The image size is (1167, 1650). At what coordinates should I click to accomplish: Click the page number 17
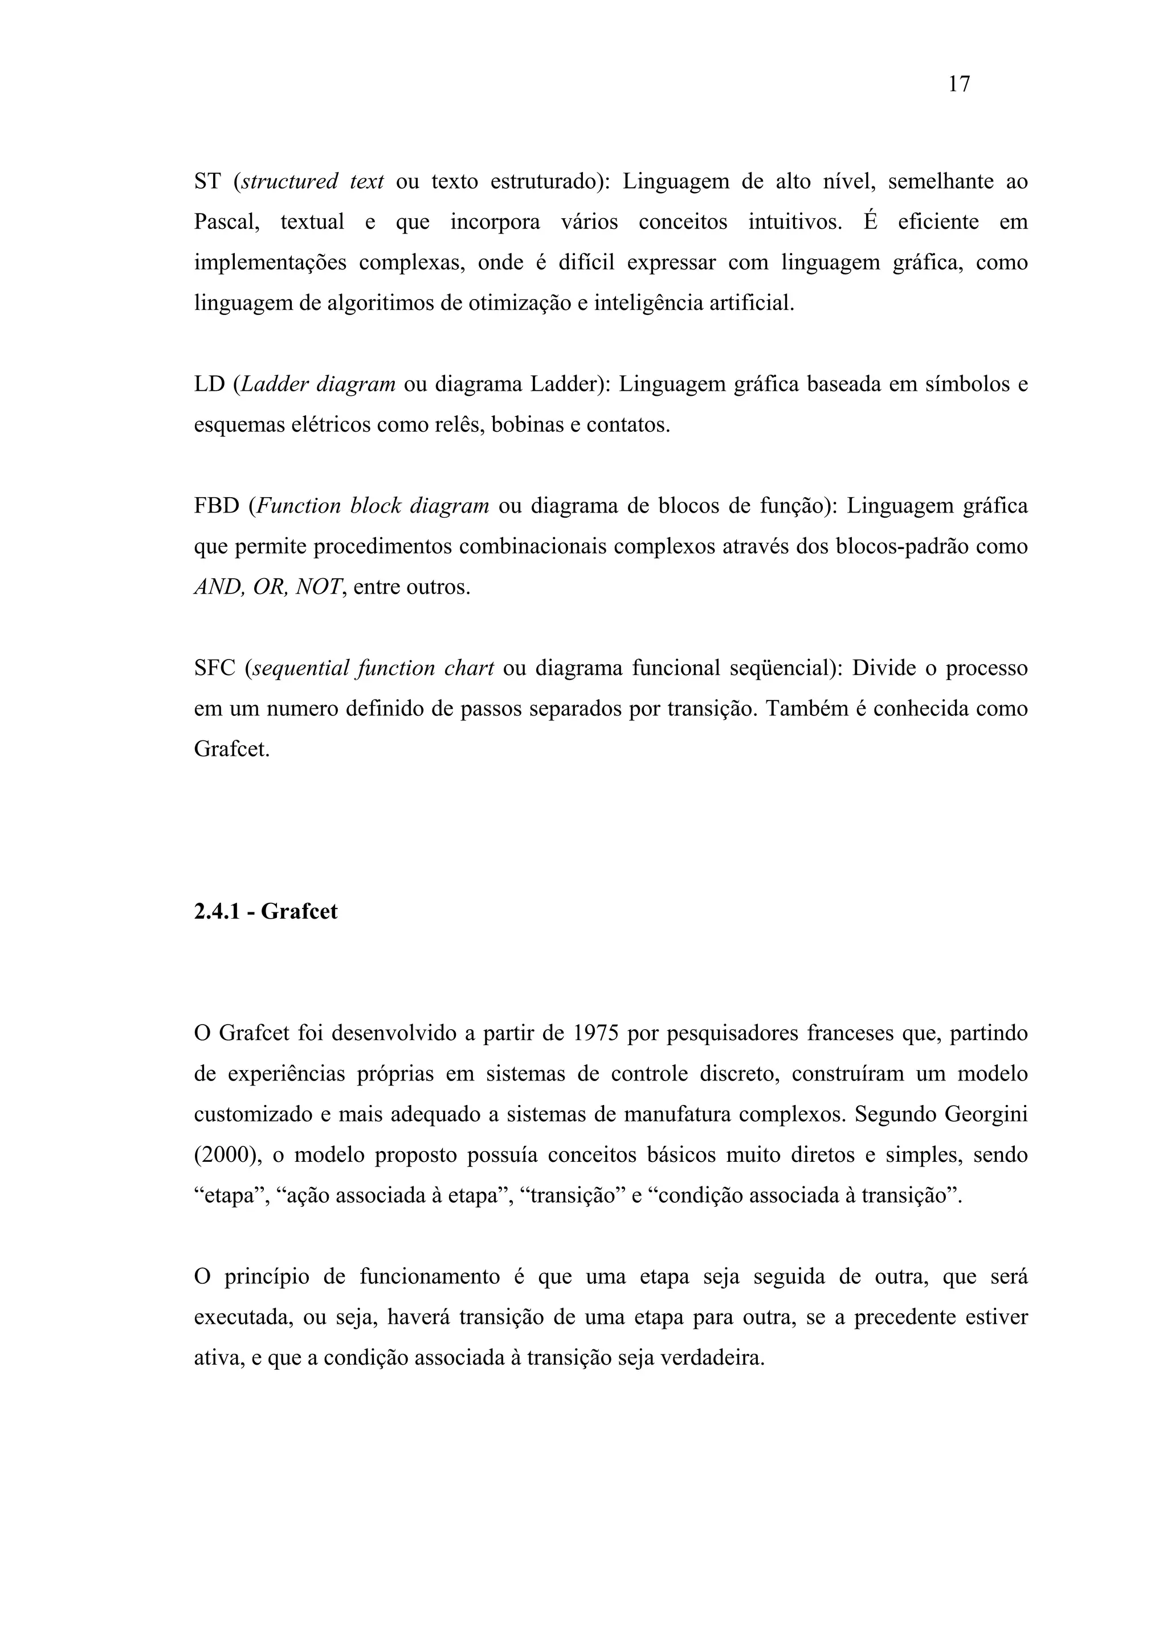[x=959, y=85]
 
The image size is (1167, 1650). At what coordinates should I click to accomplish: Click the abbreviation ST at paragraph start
[x=208, y=182]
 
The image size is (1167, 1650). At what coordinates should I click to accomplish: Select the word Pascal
[x=226, y=222]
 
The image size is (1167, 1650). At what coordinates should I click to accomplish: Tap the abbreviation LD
[x=209, y=384]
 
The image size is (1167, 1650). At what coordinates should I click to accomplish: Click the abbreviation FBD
[x=217, y=507]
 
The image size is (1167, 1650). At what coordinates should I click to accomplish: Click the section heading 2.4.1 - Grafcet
[x=266, y=912]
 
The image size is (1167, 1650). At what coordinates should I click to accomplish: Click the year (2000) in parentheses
[x=226, y=1156]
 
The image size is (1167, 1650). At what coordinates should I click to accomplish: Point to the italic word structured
[x=289, y=182]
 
